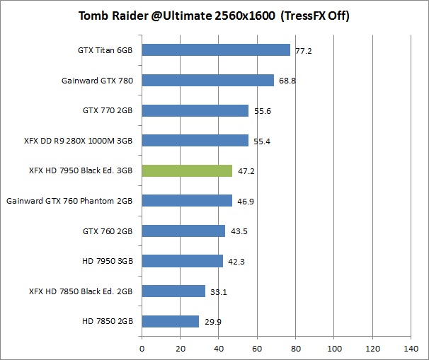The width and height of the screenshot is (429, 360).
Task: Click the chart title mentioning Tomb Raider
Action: (x=214, y=16)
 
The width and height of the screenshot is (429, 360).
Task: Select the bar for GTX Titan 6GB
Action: (x=216, y=50)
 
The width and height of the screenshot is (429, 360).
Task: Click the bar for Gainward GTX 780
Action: (x=208, y=81)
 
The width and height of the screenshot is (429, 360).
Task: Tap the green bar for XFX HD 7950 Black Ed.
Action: (x=187, y=170)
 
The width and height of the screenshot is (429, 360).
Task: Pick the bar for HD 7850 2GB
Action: (x=171, y=321)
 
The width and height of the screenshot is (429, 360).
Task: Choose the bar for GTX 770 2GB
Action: (x=195, y=110)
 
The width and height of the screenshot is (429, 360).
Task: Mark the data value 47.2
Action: (x=245, y=171)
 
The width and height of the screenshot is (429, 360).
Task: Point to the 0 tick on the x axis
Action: (x=142, y=349)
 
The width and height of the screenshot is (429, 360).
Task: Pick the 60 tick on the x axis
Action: (x=257, y=349)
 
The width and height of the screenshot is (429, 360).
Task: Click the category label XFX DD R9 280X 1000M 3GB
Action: (x=78, y=141)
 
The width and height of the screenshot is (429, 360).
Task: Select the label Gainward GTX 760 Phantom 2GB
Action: (x=70, y=201)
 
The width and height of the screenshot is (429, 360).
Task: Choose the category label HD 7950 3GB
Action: (x=108, y=261)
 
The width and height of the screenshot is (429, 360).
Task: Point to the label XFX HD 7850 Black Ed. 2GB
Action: (x=81, y=291)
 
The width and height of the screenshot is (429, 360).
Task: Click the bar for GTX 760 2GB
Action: (x=183, y=231)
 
